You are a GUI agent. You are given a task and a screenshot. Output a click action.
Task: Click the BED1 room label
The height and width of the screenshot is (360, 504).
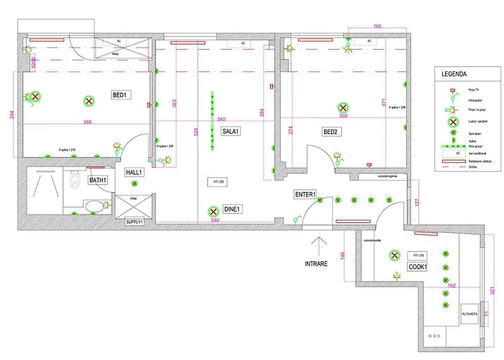120,95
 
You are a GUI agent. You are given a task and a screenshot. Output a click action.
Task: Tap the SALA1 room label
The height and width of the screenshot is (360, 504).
230,132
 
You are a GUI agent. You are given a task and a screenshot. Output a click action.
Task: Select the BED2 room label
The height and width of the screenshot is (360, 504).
330,132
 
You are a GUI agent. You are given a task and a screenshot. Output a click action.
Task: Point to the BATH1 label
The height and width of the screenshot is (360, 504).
98,180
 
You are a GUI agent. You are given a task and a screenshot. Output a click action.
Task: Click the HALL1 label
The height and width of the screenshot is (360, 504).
135,172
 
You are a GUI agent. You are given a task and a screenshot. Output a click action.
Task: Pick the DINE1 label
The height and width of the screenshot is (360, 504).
232,210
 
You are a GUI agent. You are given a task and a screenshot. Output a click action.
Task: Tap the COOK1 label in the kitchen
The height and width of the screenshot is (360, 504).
418,266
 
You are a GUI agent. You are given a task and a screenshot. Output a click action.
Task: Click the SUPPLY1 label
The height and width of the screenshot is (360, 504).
135,222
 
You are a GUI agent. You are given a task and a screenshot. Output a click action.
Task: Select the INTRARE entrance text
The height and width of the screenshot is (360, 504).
316,264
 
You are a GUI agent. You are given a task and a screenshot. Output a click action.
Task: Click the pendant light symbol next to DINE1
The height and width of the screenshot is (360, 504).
213,212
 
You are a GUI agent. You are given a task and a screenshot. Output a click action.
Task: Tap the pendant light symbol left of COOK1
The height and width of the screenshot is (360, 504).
394,255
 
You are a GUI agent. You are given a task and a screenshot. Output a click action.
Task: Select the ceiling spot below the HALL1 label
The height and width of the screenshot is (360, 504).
135,186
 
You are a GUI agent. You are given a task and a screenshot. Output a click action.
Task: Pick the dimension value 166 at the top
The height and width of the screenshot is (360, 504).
377,26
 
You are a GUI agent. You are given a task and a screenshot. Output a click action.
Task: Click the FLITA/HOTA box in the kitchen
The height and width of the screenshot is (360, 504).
470,313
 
